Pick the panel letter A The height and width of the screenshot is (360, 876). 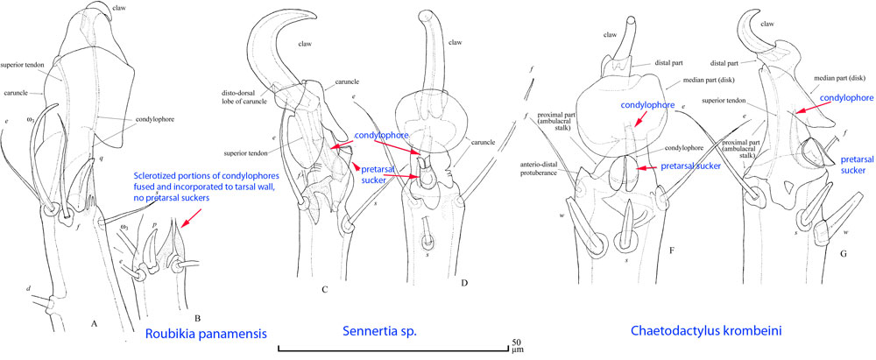point(94,322)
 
